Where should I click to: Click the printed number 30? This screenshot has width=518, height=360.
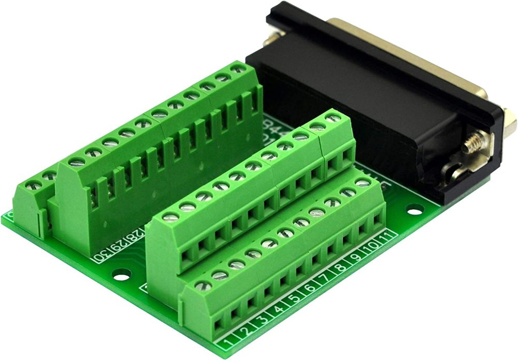(x=101, y=255)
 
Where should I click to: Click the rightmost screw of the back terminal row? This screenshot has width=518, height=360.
(x=238, y=68)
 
